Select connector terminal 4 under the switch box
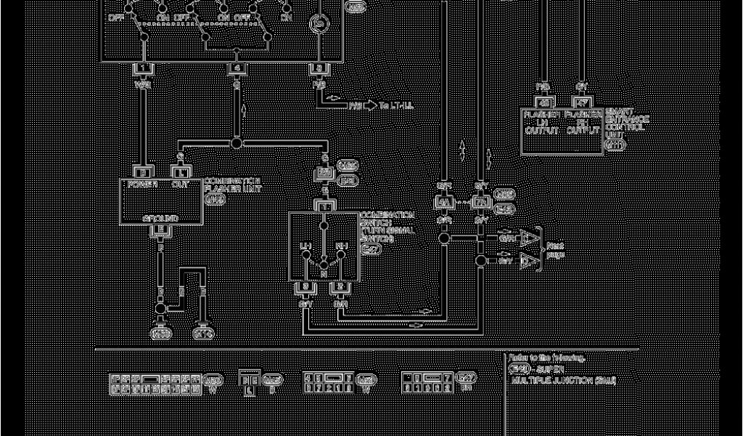(x=237, y=69)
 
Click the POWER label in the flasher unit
(x=143, y=185)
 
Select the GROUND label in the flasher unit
(x=160, y=218)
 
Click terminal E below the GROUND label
(x=160, y=230)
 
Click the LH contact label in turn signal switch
(x=305, y=247)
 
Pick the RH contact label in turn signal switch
(x=341, y=247)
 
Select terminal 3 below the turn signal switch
(x=305, y=288)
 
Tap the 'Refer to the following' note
(x=546, y=358)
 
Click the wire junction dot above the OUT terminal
(x=237, y=143)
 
